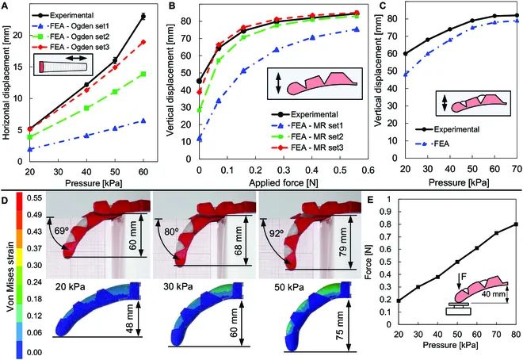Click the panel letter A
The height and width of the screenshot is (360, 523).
tap(6, 6)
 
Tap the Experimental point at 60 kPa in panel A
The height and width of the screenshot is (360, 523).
tap(143, 16)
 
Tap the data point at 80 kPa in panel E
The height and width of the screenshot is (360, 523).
tap(517, 224)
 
